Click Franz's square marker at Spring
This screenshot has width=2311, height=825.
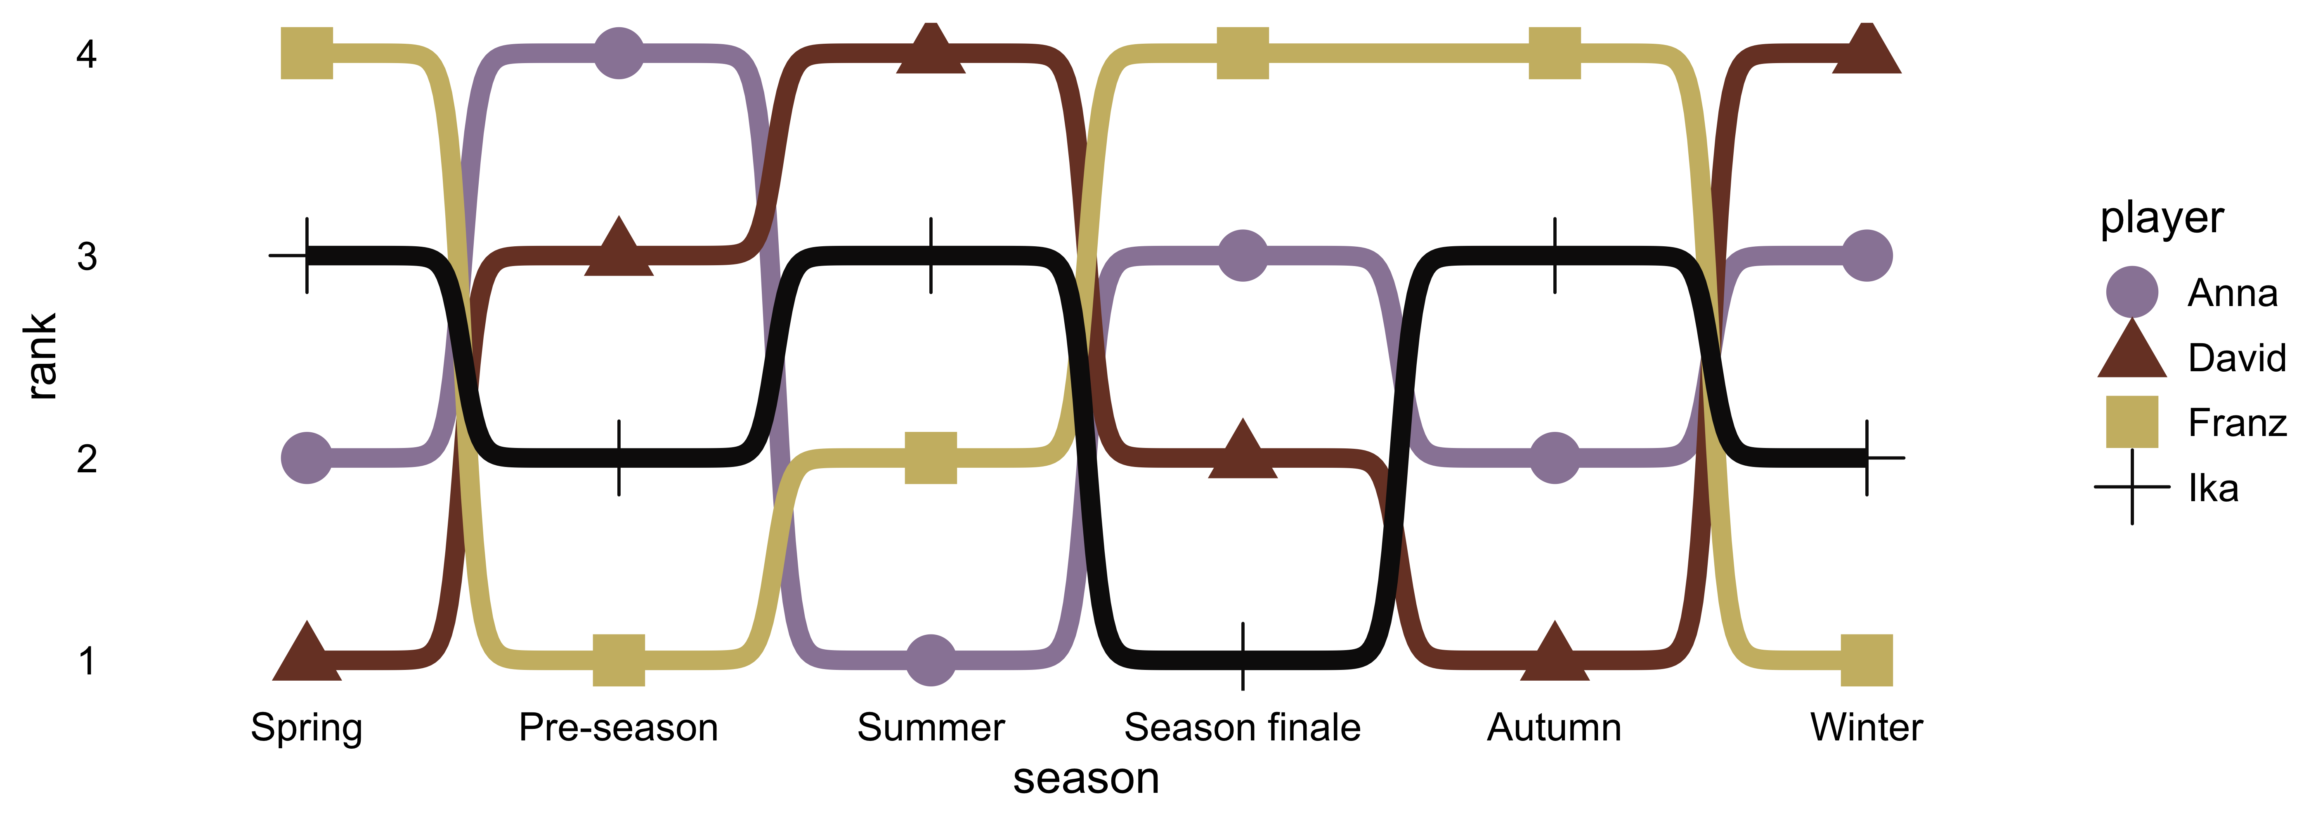[x=307, y=53]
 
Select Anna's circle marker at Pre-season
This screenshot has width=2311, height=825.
[x=619, y=53]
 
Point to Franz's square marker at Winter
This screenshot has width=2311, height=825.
[x=1867, y=660]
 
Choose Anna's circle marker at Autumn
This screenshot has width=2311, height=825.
[x=1555, y=457]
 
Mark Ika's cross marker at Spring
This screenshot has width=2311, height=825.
[x=307, y=256]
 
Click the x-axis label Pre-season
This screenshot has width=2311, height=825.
[x=619, y=727]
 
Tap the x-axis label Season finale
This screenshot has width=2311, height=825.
[x=1243, y=727]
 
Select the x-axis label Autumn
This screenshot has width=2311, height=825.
[x=1555, y=727]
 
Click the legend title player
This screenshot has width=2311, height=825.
[x=2162, y=218]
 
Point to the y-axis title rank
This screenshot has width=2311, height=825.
[x=40, y=356]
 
